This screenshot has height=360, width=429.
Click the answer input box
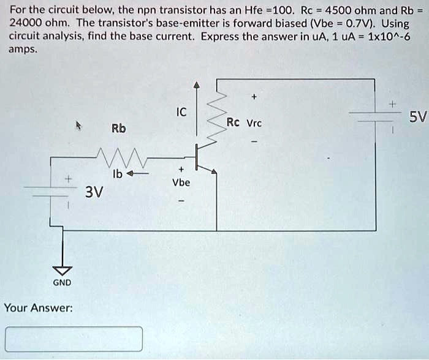coord(74,339)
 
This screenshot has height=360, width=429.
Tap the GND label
coord(62,282)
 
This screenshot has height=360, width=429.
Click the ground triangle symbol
coord(62,270)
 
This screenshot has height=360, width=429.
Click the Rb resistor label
coord(119,129)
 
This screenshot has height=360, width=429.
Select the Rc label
coord(233,122)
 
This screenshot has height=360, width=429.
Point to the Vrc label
coord(254,122)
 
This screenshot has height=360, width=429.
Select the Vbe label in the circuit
coord(181,182)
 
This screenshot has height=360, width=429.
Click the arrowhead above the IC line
coord(196,84)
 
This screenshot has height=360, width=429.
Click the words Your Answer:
coord(38,307)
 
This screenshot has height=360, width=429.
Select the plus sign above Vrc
coord(254,96)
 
